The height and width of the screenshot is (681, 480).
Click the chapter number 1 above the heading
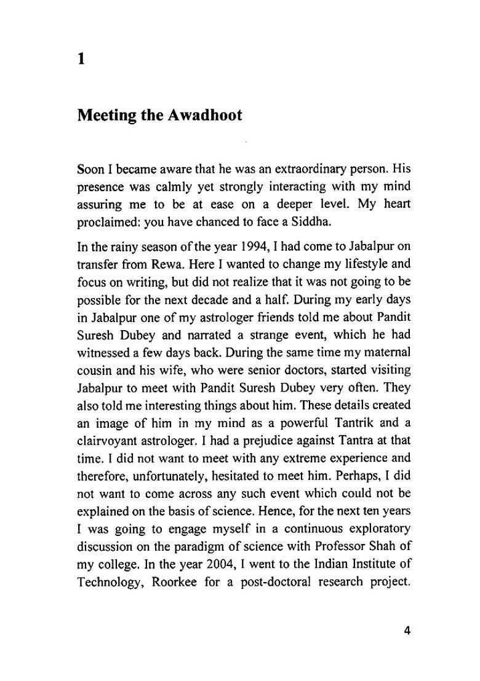81,59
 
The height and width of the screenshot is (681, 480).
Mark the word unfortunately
161,476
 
